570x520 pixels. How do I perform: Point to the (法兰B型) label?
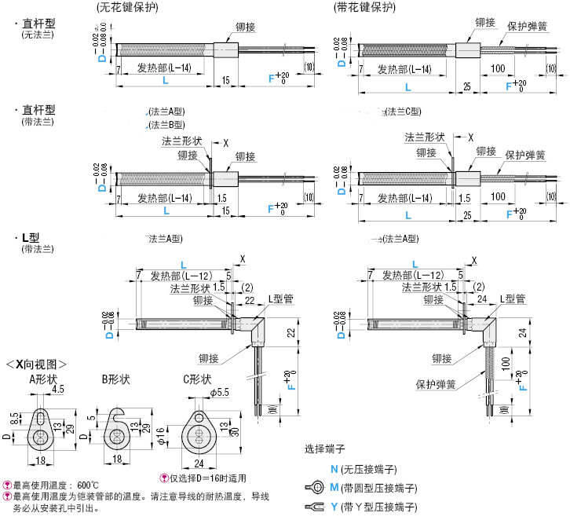click(166, 124)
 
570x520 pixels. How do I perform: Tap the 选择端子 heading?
click(323, 450)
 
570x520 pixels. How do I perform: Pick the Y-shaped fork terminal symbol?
click(312, 507)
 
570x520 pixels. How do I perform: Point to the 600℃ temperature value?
click(84, 485)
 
